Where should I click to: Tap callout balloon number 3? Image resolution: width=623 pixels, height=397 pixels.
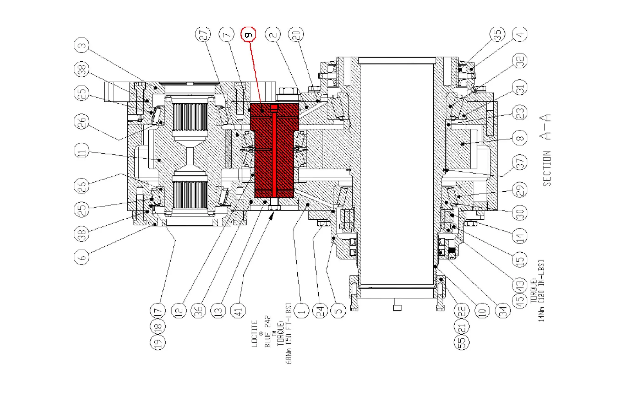tap(82, 45)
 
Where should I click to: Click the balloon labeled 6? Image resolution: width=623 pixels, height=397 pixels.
tap(82, 257)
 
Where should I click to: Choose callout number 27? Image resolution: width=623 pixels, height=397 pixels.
tap(203, 34)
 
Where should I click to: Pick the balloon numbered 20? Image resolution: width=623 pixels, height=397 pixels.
tap(296, 34)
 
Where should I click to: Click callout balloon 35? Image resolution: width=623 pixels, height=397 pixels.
tap(497, 34)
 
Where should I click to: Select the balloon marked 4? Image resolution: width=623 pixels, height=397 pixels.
tap(520, 34)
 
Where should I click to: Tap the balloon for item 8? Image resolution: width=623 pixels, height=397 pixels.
tap(520, 138)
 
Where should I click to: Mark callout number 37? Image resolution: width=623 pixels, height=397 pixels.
tap(520, 163)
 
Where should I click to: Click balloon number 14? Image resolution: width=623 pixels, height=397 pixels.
tap(520, 236)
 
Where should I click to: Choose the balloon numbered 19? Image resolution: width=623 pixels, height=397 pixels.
tap(158, 342)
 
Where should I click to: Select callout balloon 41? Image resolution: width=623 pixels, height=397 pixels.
tap(238, 311)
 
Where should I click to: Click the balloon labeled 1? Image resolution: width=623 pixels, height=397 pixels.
tap(301, 311)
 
